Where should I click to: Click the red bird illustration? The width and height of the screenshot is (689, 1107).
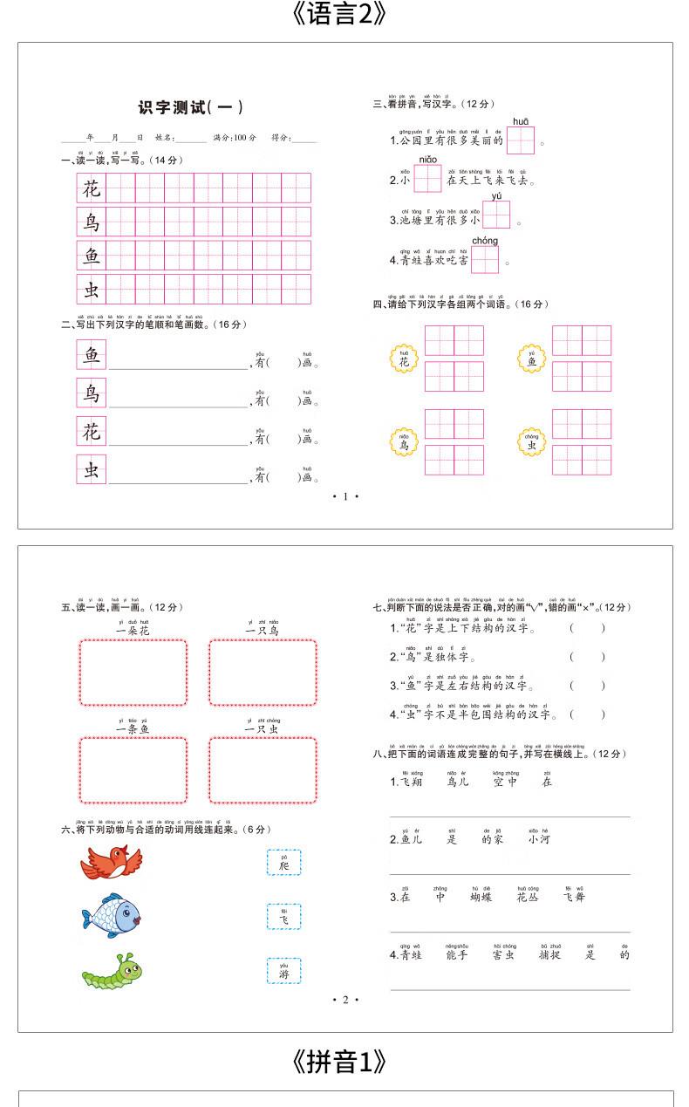[111, 863]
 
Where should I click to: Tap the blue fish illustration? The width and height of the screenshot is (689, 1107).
[111, 915]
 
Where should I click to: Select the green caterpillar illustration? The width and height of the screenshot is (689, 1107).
[113, 970]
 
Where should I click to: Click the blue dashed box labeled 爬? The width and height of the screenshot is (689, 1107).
[283, 863]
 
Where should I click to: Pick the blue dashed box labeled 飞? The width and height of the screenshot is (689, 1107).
[283, 916]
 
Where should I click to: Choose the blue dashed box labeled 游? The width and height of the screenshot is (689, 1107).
[283, 970]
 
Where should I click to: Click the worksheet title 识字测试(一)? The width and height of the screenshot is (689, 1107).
[190, 108]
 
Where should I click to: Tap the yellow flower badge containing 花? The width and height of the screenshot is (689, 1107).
[404, 359]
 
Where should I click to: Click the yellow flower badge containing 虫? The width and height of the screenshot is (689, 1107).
[531, 442]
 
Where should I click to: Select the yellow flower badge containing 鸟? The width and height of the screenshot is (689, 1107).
[404, 442]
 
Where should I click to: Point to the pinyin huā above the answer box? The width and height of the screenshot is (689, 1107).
[520, 120]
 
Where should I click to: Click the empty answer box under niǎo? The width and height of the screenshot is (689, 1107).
[427, 179]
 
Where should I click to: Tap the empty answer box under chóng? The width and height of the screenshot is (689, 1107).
[485, 259]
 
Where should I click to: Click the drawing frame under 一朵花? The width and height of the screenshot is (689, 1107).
[133, 673]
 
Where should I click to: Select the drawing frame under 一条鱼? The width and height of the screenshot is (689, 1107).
[133, 770]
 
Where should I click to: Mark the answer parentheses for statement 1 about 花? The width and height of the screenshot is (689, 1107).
[587, 628]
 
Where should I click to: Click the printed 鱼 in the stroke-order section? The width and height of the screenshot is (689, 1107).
[91, 354]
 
